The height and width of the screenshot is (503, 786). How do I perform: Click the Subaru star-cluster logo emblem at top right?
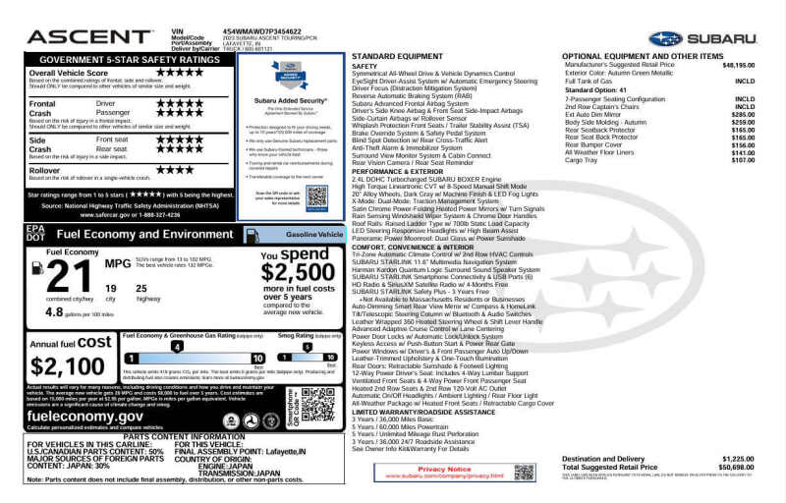pyautogui.click(x=665, y=38)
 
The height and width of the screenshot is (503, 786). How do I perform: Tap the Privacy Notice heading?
pyautogui.click(x=444, y=470)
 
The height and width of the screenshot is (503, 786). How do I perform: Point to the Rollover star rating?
pyautogui.click(x=176, y=169)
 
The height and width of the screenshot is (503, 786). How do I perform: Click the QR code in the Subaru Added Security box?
pyautogui.click(x=316, y=196)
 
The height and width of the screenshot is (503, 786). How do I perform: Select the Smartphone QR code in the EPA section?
pyautogui.click(x=318, y=403)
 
